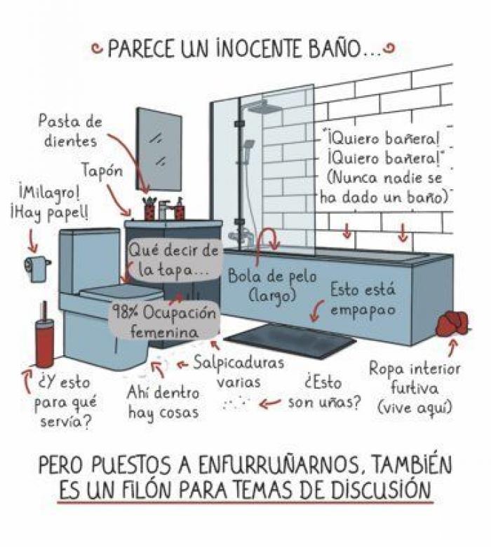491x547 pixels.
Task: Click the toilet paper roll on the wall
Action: (x=36, y=266)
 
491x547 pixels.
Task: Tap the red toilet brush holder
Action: (x=45, y=343)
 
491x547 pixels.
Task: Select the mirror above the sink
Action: (x=159, y=148)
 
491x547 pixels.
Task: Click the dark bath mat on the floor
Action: (x=290, y=339)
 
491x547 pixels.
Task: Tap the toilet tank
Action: (x=89, y=259)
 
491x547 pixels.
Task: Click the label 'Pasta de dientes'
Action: (x=69, y=131)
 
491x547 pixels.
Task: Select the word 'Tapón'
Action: (x=102, y=171)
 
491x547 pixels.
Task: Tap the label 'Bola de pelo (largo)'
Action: (x=262, y=285)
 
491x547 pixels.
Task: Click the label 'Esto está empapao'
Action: (x=362, y=298)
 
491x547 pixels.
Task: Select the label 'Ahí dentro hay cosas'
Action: (x=163, y=403)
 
